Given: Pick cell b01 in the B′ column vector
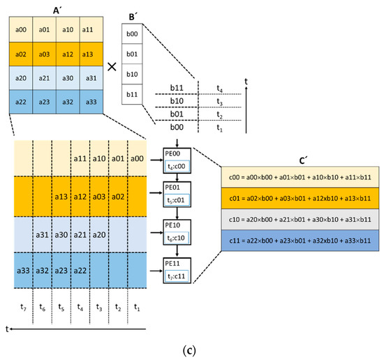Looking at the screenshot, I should pyautogui.click(x=132, y=53).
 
